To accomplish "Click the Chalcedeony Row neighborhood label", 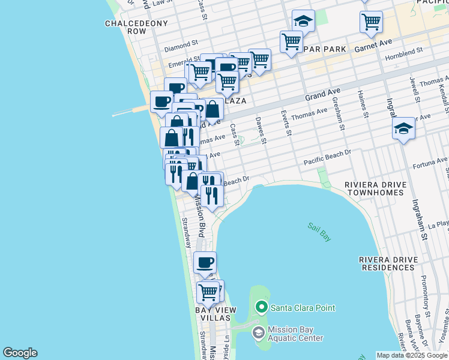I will click(x=125, y=27).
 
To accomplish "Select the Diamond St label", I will click(x=181, y=44).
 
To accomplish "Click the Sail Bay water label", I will click(x=319, y=232).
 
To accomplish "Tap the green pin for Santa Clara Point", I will click(x=261, y=308).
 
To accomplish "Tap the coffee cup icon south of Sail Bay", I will click(x=205, y=262).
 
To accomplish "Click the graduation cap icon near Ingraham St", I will click(x=403, y=128).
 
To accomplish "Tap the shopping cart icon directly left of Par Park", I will click(x=291, y=42).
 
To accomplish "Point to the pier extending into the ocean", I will click(x=129, y=112).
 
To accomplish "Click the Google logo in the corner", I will click(x=20, y=353).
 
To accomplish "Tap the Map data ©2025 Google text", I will click(x=411, y=355).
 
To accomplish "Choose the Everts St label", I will click(x=286, y=123).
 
